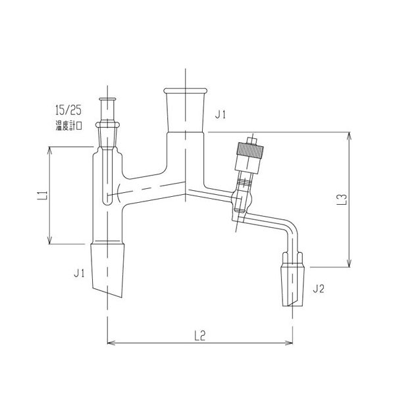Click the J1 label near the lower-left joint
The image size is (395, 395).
(78, 271)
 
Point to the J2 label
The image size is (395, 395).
(319, 288)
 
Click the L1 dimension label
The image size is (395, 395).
(41, 196)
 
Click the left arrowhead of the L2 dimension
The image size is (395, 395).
(109, 342)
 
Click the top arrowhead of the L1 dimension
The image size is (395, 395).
(49, 149)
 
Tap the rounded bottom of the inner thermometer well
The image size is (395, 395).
(107, 199)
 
